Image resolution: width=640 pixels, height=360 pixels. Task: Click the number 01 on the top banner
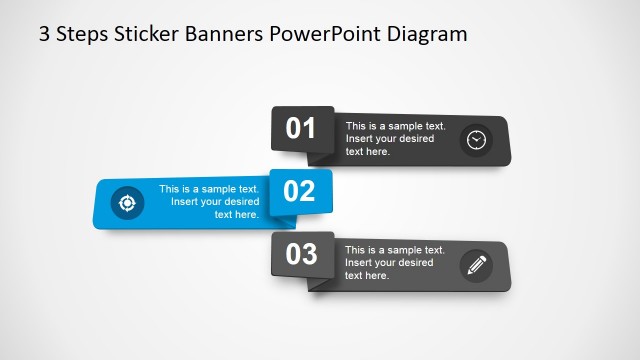(x=301, y=128)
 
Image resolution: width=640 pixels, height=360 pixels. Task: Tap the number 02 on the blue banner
(x=300, y=190)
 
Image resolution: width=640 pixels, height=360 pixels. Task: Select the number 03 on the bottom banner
(x=301, y=254)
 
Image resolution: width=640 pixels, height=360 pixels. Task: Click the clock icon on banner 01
(x=476, y=140)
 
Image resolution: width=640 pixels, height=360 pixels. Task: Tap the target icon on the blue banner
(x=127, y=202)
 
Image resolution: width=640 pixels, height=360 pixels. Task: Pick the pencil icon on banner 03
(x=476, y=265)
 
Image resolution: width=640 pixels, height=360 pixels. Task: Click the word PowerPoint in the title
(x=325, y=34)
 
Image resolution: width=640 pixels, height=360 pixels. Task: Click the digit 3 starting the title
(x=44, y=34)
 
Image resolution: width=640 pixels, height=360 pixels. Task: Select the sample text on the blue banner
(x=210, y=201)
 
